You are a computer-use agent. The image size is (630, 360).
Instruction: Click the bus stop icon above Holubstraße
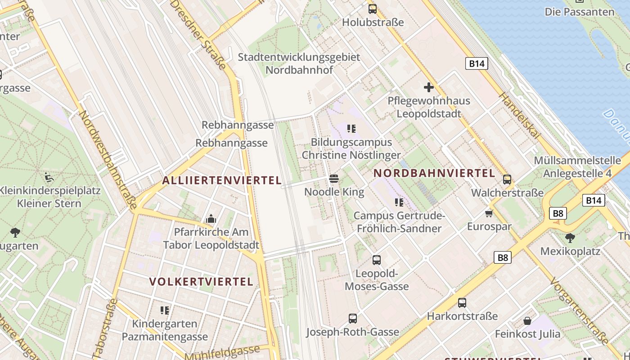click(373, 9)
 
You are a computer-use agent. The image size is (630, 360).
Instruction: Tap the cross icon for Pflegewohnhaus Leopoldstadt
click(428, 87)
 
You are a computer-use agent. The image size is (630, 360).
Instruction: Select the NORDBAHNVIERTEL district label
click(434, 173)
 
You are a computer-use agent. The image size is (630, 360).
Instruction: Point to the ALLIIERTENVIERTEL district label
click(222, 180)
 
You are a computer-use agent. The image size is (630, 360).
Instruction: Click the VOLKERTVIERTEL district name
click(201, 282)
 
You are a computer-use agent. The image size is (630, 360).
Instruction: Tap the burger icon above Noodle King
click(333, 179)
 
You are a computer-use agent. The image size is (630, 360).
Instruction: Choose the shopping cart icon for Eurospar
click(489, 213)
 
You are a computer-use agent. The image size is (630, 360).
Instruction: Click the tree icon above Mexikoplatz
click(570, 237)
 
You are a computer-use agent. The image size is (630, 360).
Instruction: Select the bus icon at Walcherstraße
click(507, 180)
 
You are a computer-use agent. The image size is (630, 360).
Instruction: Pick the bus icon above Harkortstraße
click(462, 303)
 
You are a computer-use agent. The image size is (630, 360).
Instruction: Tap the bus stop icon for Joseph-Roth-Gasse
click(353, 319)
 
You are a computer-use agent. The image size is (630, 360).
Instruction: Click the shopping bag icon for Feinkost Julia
click(527, 321)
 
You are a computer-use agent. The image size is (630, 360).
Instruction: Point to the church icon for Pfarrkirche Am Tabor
click(211, 219)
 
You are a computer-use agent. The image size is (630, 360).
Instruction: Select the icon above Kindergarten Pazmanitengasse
click(165, 310)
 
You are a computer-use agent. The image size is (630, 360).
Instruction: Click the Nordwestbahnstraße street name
click(108, 160)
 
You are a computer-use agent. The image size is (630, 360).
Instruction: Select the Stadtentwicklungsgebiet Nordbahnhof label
click(299, 63)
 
